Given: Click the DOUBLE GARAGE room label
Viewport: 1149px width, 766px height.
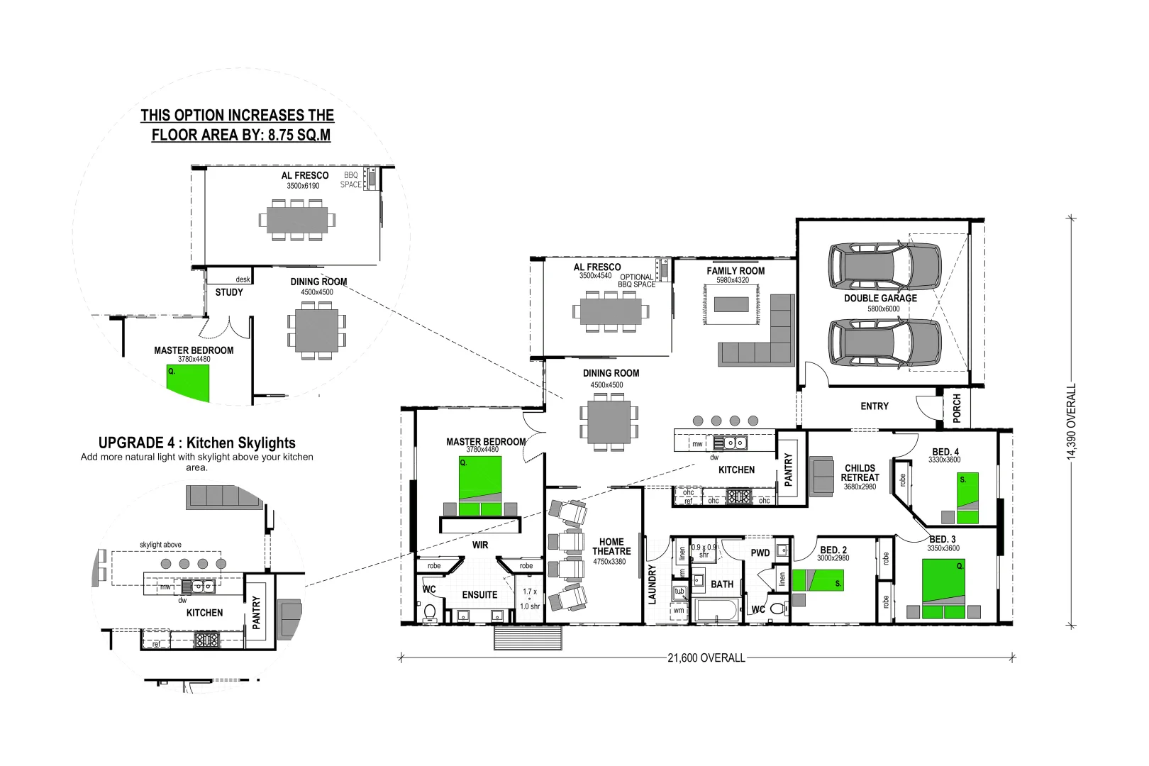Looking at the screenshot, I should point(880,299).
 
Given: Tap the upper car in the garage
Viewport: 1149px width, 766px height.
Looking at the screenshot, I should point(884,267).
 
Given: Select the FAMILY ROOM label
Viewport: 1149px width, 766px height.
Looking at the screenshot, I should point(736,271).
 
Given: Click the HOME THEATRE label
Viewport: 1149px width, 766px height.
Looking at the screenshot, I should point(611,546).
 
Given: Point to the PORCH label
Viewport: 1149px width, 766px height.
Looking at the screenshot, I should point(957,409).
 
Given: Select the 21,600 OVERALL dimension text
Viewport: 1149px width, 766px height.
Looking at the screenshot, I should point(706,658).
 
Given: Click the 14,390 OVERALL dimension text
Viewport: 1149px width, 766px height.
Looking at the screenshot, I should point(1072,422).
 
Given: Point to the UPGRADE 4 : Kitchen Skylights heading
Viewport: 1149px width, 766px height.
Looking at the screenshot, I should point(197,443).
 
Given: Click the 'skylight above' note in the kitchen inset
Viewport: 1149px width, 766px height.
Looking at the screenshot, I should point(160,545).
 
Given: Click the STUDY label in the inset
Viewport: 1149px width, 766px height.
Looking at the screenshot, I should point(229,292).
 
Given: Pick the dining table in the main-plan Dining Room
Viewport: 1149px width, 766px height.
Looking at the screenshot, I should point(609,422).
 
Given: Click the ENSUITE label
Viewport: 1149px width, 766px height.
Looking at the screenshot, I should point(479,595).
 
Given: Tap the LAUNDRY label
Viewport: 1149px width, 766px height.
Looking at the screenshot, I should point(653,584).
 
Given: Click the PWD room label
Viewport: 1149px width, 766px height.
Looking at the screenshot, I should point(760,553).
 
